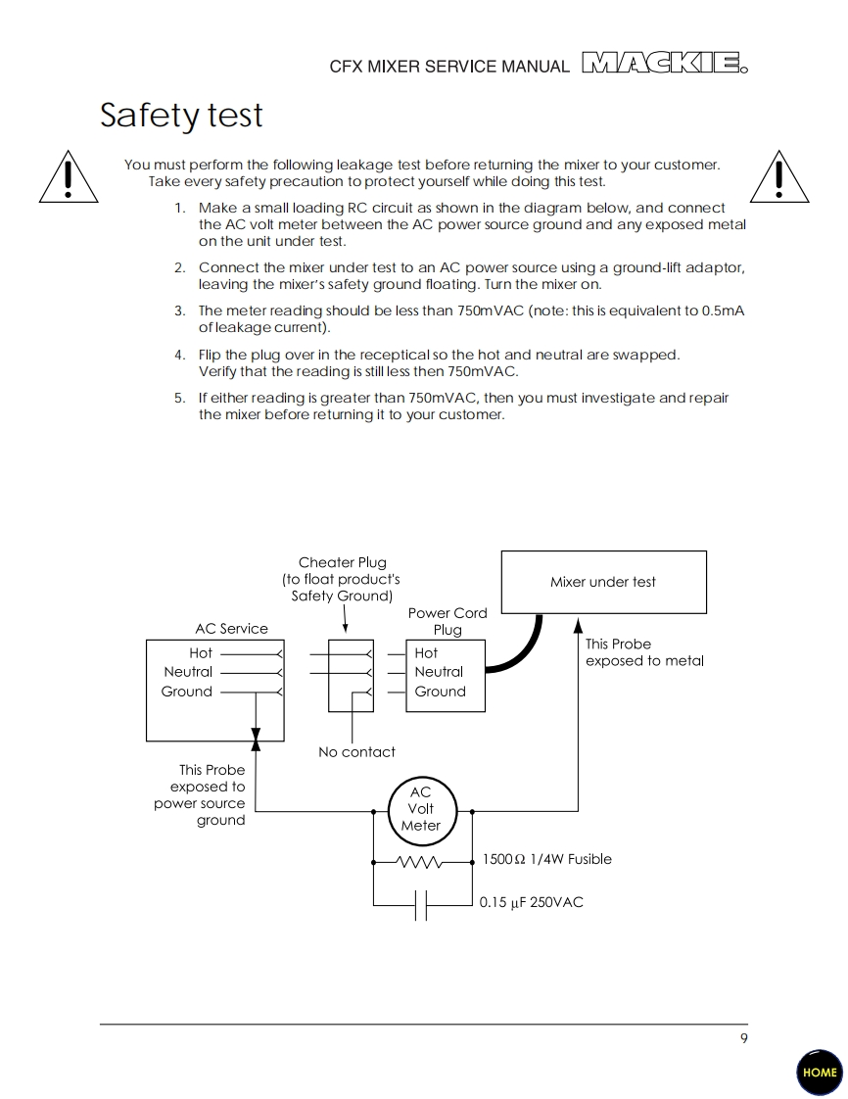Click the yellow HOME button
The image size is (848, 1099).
click(820, 1072)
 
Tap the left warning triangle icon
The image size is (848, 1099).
click(68, 177)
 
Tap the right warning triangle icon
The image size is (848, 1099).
click(778, 177)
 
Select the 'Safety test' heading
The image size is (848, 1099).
click(181, 116)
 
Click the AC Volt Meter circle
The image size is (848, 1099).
click(421, 809)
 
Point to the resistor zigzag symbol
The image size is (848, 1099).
click(419, 862)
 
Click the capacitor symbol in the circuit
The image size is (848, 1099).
click(421, 905)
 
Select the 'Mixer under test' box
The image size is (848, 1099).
click(603, 582)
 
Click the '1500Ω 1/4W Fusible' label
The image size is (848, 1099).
click(546, 859)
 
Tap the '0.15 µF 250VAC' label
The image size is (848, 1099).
click(531, 902)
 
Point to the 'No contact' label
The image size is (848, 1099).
click(356, 752)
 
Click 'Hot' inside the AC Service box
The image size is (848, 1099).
click(201, 652)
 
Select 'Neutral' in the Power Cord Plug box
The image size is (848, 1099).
click(439, 672)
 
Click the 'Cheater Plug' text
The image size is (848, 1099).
click(342, 562)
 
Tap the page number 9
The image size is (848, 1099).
click(743, 1038)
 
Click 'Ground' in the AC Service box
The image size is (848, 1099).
click(186, 692)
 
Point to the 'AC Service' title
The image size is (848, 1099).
click(231, 629)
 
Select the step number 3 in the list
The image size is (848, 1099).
click(179, 311)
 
